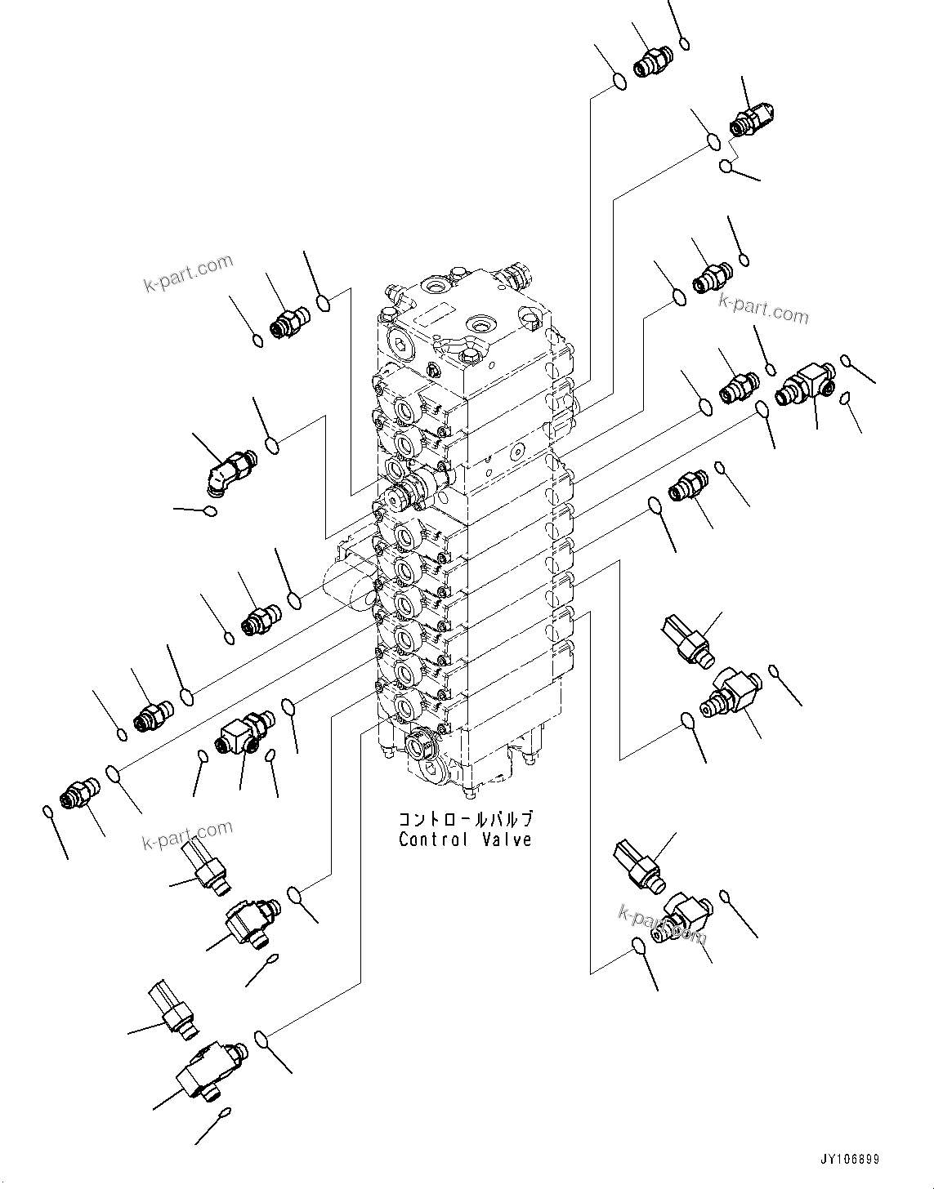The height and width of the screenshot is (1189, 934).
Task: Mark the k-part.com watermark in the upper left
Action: click(x=188, y=273)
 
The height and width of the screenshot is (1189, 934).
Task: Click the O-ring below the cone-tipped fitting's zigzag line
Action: click(x=726, y=167)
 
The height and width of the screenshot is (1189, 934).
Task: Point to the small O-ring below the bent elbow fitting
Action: click(x=210, y=511)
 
